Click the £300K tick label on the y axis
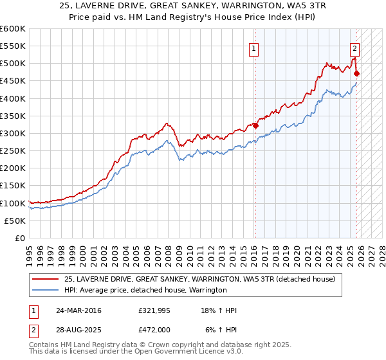tap(12, 133)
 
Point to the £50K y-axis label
tap(14, 221)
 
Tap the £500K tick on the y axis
tap(12, 63)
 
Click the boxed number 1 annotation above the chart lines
tap(254, 48)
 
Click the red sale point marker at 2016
tap(255, 125)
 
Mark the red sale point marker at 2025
tap(356, 73)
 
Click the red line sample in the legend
tap(45, 280)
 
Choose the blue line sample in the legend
tap(45, 291)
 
